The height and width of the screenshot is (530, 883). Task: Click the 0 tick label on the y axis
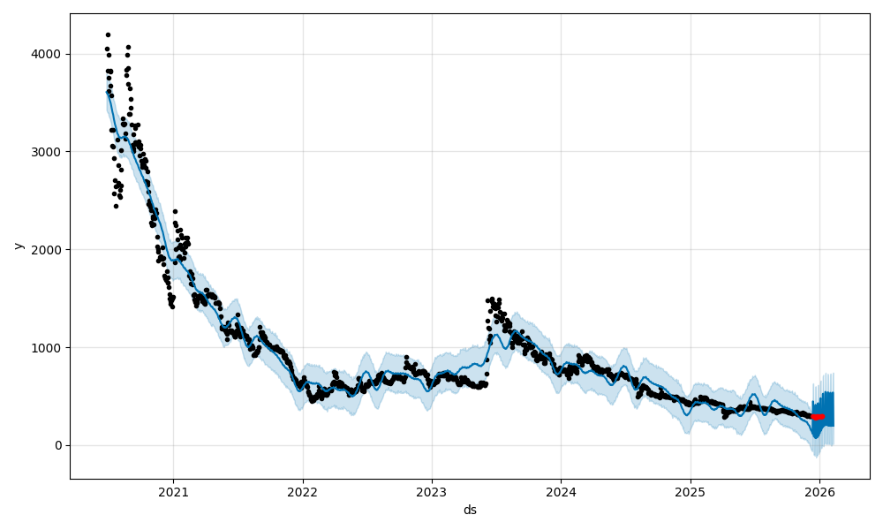click(x=58, y=445)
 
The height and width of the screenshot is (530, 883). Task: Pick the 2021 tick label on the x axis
click(x=173, y=492)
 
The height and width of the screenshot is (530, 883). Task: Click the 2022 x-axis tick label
click(x=303, y=492)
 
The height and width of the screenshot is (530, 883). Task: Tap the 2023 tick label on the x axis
click(x=432, y=492)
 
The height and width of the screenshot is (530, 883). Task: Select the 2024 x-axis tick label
click(x=561, y=492)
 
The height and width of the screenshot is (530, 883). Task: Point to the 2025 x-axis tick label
click(x=691, y=492)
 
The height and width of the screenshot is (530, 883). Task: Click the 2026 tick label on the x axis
click(x=819, y=492)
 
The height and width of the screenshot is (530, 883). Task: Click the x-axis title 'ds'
click(x=470, y=510)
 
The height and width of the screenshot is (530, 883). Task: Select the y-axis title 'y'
click(x=17, y=246)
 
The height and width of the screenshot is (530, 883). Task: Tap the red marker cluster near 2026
click(x=818, y=416)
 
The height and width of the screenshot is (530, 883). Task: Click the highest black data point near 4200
click(x=108, y=34)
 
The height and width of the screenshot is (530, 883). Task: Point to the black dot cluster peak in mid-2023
click(x=492, y=299)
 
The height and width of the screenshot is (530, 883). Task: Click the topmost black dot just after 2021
click(x=175, y=211)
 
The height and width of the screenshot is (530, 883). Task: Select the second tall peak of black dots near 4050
click(x=128, y=47)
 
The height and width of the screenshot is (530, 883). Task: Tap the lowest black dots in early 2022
click(x=312, y=400)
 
